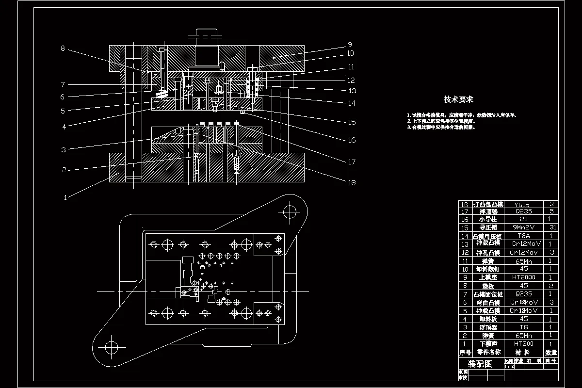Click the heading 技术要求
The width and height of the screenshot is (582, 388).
click(x=458, y=99)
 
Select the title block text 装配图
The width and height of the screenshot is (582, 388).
click(x=479, y=364)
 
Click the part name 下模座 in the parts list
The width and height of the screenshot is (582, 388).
click(x=488, y=343)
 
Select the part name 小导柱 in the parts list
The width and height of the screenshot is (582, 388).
click(x=488, y=220)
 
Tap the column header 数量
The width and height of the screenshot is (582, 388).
click(x=550, y=353)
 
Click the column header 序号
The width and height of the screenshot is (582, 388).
click(x=465, y=353)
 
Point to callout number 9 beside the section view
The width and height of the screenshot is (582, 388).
click(x=349, y=44)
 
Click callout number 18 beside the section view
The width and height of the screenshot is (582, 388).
click(x=352, y=183)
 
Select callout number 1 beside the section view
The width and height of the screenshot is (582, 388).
click(x=66, y=197)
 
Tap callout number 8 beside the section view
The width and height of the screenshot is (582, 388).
click(x=63, y=48)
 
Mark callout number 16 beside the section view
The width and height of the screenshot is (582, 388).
click(x=351, y=140)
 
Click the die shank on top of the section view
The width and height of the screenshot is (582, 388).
click(x=208, y=46)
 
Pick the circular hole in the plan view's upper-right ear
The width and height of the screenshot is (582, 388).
click(x=290, y=211)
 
